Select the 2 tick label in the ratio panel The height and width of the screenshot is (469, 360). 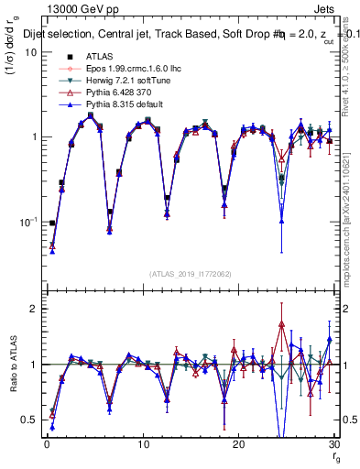35,309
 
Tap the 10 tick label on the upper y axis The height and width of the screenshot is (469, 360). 29,52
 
